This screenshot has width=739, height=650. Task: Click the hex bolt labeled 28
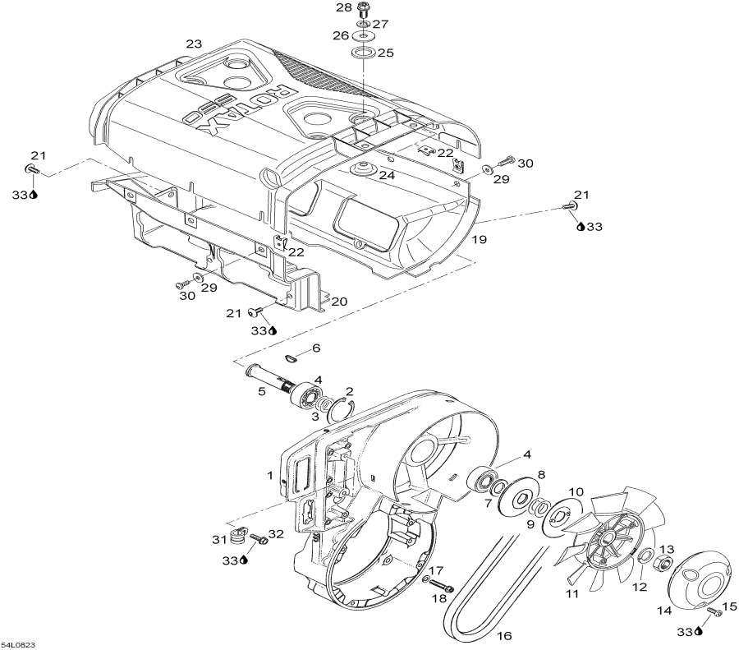(365, 11)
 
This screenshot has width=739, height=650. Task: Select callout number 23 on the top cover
(193, 44)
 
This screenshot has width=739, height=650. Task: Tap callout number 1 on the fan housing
(269, 475)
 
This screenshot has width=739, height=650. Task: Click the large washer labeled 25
(363, 54)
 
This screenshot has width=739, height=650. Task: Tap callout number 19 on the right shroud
(479, 239)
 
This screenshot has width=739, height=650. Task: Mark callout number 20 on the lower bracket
(338, 302)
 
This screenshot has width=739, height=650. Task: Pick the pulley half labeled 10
(562, 514)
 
